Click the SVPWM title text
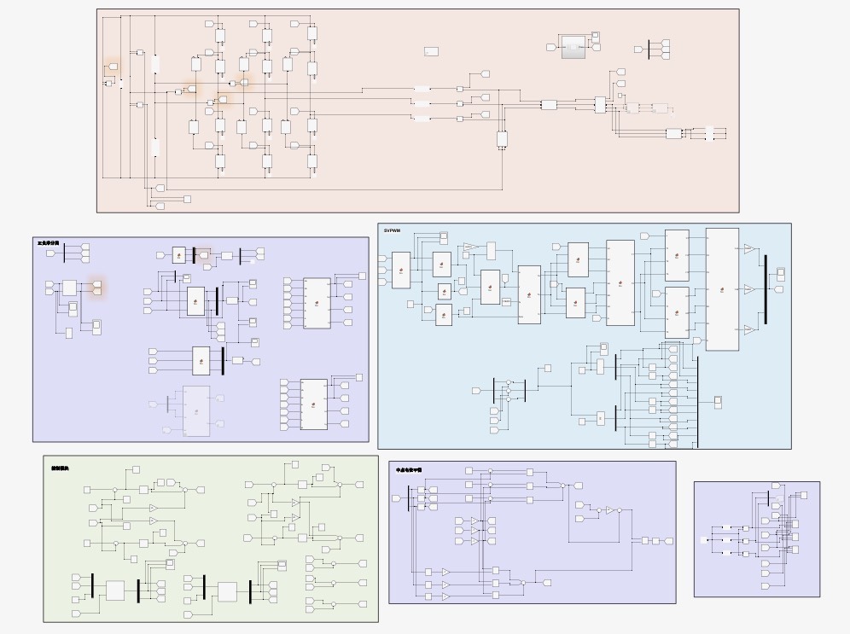click(392, 230)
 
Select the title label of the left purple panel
click(49, 244)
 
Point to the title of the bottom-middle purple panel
click(409, 470)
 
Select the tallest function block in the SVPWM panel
click(722, 288)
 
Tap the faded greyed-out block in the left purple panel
click(196, 411)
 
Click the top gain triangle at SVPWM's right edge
click(748, 249)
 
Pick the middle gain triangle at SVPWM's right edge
click(748, 289)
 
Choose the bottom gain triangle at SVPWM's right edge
click(748, 329)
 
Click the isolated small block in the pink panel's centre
click(431, 52)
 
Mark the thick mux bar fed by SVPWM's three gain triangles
click(766, 289)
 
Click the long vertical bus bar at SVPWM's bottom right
click(697, 401)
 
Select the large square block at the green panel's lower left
click(115, 590)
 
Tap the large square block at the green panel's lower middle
click(227, 591)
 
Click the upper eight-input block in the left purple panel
click(317, 303)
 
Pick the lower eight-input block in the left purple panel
click(314, 404)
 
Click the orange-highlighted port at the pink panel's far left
click(112, 66)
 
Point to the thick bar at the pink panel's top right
click(649, 49)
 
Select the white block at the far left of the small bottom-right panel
click(703, 540)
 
